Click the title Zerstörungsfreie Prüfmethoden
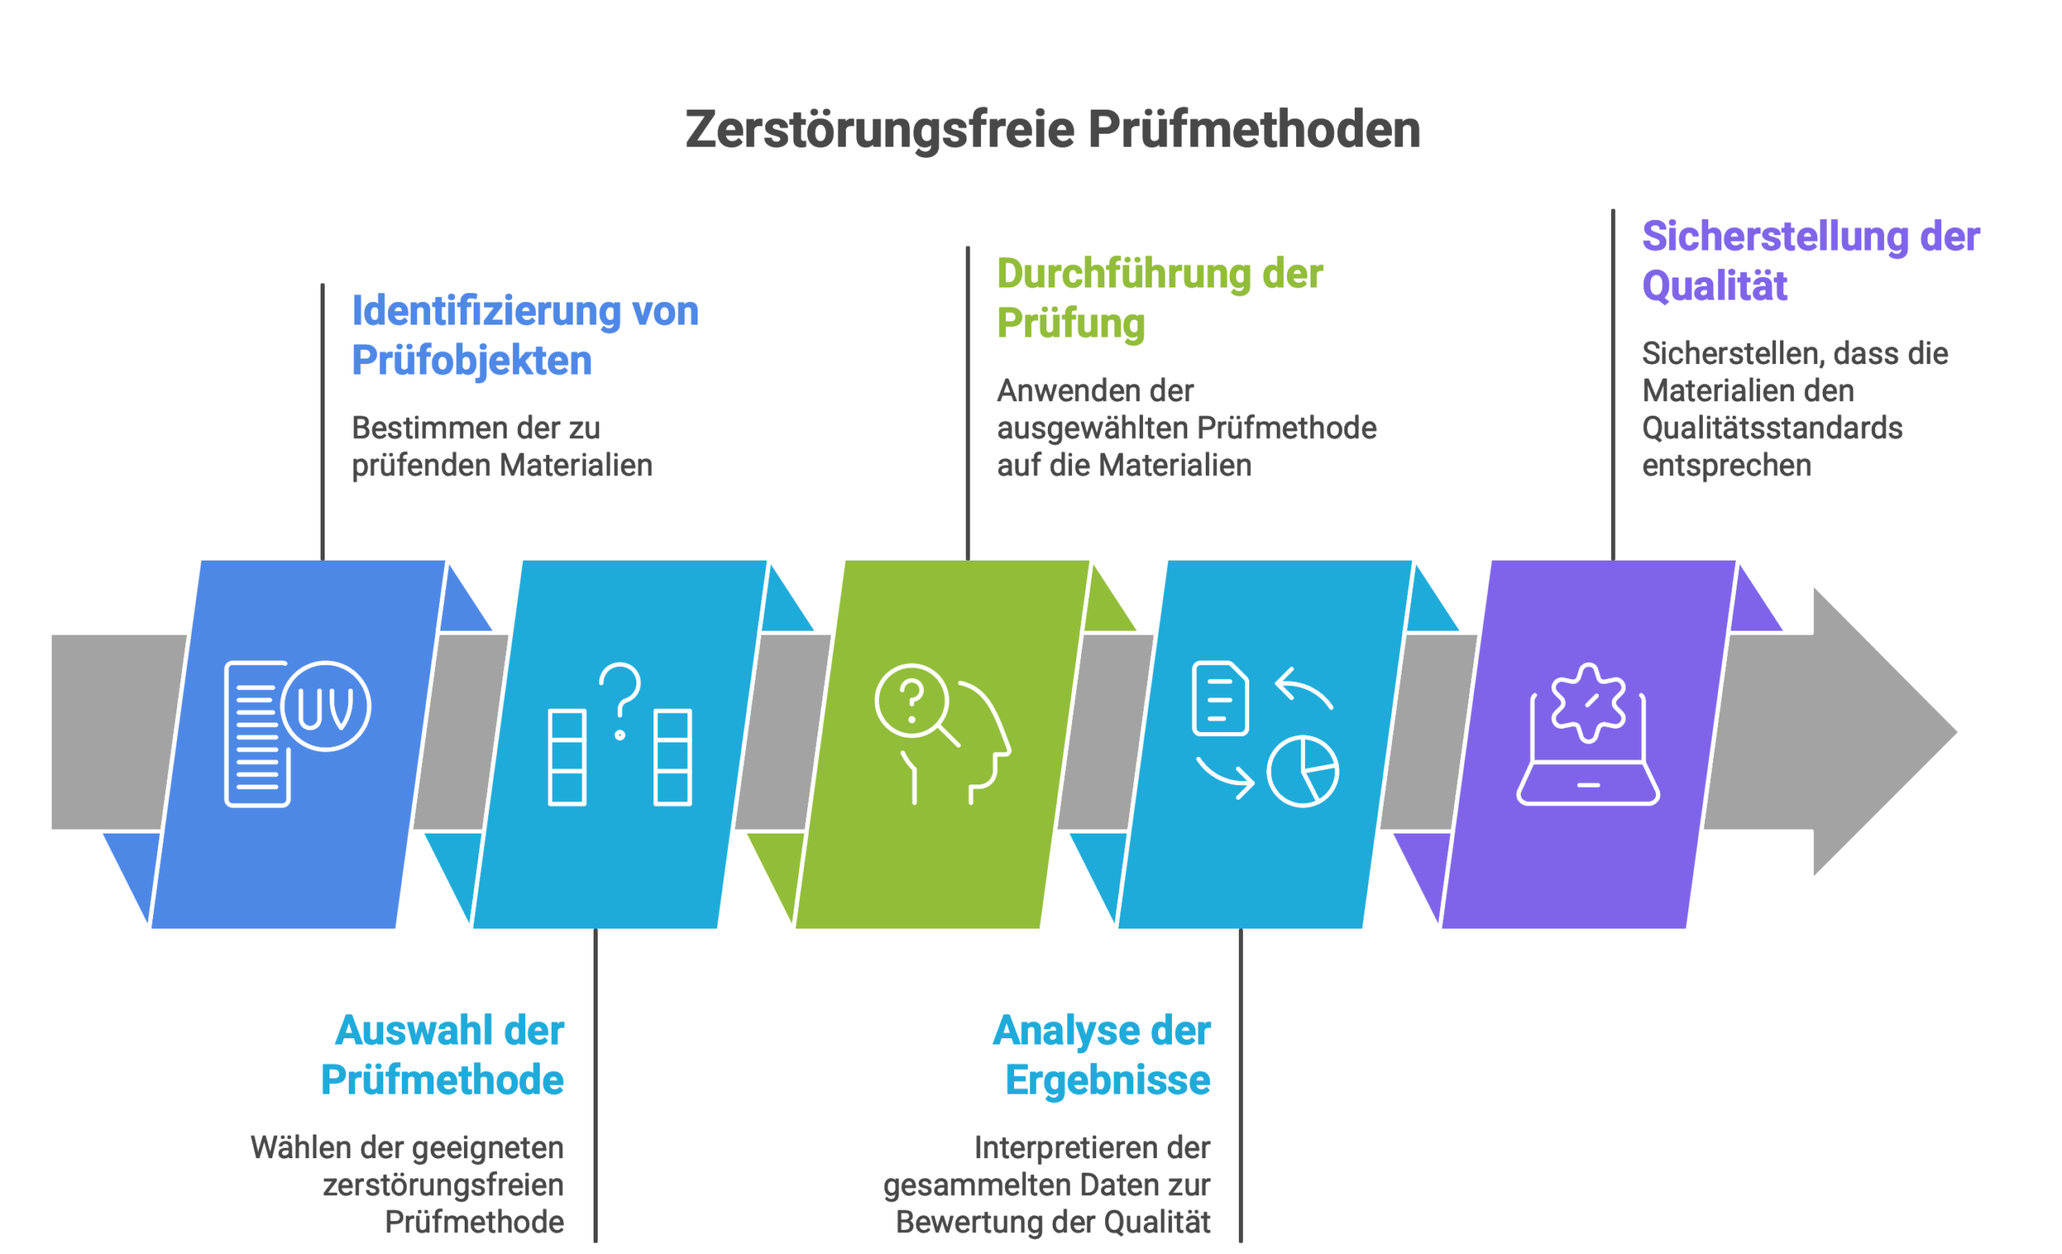(x=1052, y=130)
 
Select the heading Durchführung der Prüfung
(x=1159, y=299)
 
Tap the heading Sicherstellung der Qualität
(x=1810, y=261)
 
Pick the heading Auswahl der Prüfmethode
(x=444, y=1055)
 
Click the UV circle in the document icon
(x=325, y=707)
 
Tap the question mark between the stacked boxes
(x=620, y=698)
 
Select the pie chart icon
(x=1302, y=772)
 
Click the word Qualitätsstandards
(x=1771, y=428)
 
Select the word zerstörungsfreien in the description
(x=444, y=1186)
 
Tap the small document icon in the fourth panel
(x=1219, y=698)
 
